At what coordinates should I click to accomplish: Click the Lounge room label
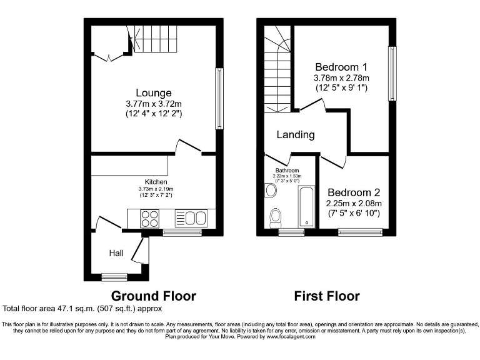pyautogui.click(x=153, y=93)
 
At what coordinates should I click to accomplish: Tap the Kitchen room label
pyautogui.click(x=156, y=182)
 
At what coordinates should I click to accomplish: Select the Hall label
pyautogui.click(x=116, y=253)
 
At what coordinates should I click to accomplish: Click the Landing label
pyautogui.click(x=296, y=134)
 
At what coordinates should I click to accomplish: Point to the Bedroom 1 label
pyautogui.click(x=341, y=67)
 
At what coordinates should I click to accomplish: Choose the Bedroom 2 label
pyautogui.click(x=354, y=193)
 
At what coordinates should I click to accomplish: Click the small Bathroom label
pyautogui.click(x=288, y=170)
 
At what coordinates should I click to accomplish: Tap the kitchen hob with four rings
pyautogui.click(x=150, y=218)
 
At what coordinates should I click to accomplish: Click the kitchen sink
pyautogui.click(x=195, y=218)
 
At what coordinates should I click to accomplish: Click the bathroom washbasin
pyautogui.click(x=271, y=190)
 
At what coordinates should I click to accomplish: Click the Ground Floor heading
pyautogui.click(x=153, y=296)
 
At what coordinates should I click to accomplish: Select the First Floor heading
pyautogui.click(x=327, y=296)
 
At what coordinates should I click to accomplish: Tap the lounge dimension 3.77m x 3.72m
pyautogui.click(x=153, y=104)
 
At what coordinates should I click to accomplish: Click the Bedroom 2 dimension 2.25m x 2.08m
pyautogui.click(x=354, y=204)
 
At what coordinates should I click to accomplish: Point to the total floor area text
pyautogui.click(x=82, y=309)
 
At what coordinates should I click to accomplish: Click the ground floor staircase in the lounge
pyautogui.click(x=154, y=39)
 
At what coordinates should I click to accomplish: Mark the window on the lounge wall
pyautogui.click(x=219, y=98)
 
